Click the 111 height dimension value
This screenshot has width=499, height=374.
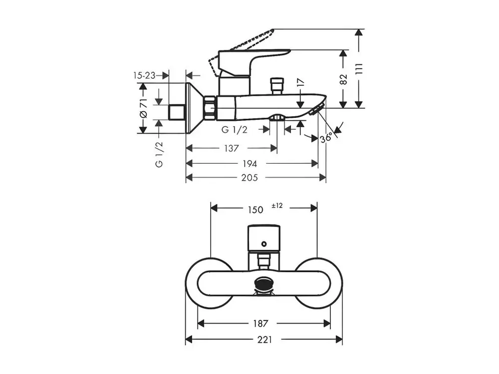(x=359, y=69)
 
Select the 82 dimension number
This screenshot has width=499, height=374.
(x=343, y=79)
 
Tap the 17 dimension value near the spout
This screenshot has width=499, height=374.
(x=300, y=83)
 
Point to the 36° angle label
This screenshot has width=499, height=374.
(x=326, y=138)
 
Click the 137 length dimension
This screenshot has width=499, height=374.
(x=232, y=148)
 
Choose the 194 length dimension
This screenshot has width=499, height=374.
(x=250, y=164)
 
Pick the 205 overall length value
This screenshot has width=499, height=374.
(x=249, y=178)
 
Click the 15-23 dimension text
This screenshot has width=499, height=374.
(x=144, y=76)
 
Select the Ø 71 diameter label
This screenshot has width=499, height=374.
(x=144, y=108)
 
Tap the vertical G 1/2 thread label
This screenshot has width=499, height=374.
(x=159, y=154)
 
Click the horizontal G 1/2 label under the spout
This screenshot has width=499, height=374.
(x=234, y=130)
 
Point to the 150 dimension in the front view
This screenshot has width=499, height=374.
(x=255, y=210)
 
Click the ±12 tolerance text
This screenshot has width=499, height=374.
(x=277, y=206)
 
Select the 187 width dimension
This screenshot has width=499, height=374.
(x=260, y=324)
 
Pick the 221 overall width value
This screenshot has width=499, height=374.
(x=265, y=340)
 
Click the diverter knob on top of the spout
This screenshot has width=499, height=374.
(x=276, y=86)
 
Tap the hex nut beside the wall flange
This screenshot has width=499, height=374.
(x=210, y=108)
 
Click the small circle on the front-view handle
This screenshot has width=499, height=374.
(x=263, y=244)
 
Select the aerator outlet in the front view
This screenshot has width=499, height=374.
(x=264, y=284)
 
